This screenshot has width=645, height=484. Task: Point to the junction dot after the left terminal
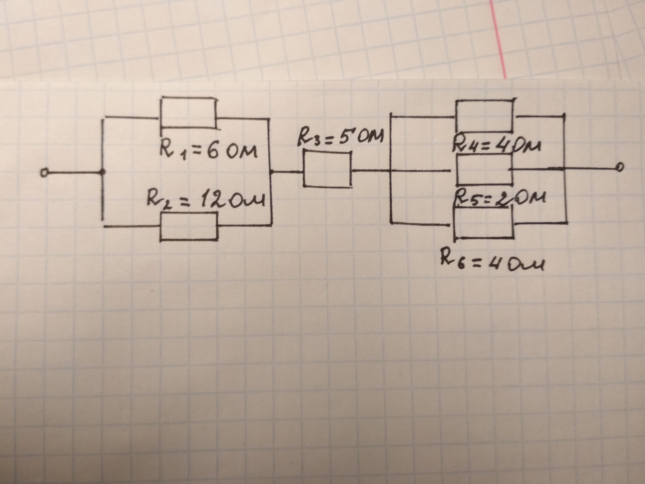[x=102, y=172]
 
